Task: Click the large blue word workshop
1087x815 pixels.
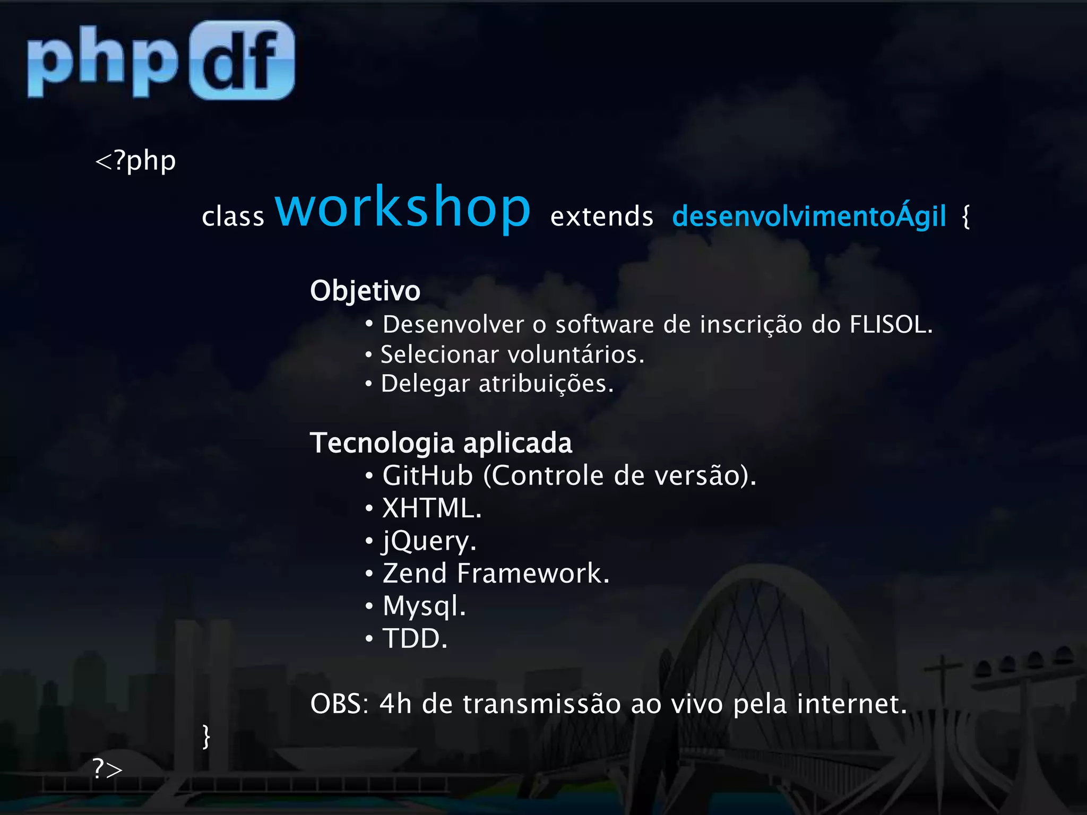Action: click(x=402, y=207)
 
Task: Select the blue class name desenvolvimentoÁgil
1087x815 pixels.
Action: click(x=809, y=216)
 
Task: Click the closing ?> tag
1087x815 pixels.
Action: click(x=108, y=769)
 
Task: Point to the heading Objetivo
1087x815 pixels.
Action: click(x=365, y=291)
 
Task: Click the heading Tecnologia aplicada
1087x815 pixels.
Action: click(x=441, y=443)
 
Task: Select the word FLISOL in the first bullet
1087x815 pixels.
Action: click(x=890, y=324)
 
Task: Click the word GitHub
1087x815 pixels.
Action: click(x=428, y=475)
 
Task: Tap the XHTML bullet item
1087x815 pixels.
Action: click(x=432, y=508)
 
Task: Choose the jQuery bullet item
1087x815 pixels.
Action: click(x=429, y=541)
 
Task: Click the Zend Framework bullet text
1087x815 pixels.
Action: click(x=496, y=574)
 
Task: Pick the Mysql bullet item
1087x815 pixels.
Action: click(x=424, y=606)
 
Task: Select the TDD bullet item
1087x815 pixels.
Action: click(x=415, y=638)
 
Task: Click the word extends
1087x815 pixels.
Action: click(x=602, y=216)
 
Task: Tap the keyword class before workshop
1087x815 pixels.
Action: click(x=233, y=216)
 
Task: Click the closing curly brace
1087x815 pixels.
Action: click(x=206, y=736)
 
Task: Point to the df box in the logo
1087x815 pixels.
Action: click(x=242, y=60)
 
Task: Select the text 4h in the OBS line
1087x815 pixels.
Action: click(x=395, y=704)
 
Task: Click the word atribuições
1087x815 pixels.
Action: click(x=546, y=384)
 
